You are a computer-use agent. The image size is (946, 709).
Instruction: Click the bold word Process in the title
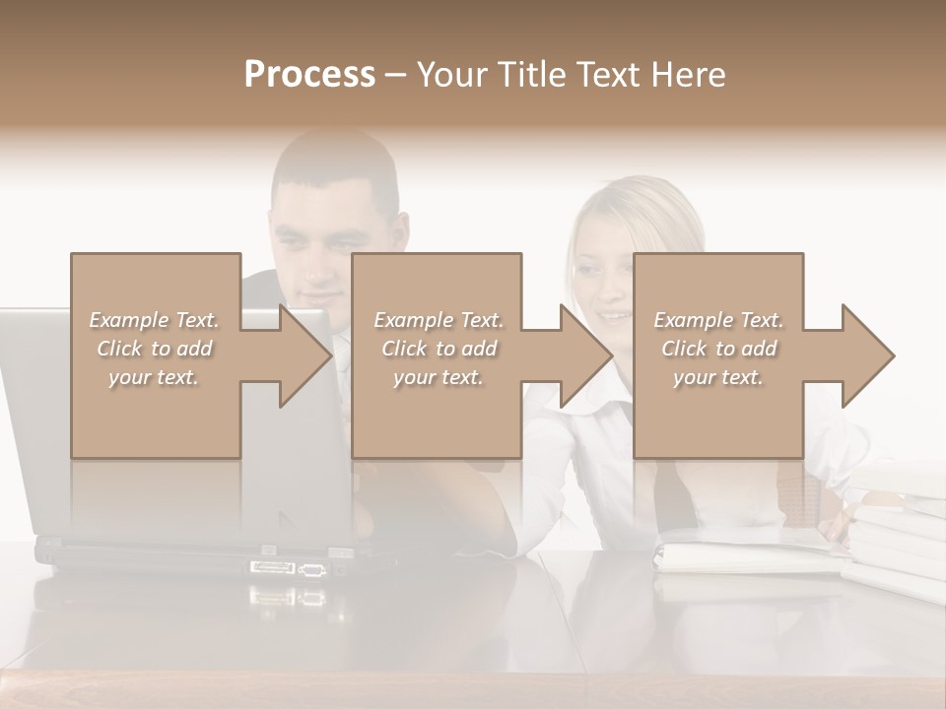tap(309, 75)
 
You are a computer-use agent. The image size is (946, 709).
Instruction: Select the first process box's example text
tap(155, 349)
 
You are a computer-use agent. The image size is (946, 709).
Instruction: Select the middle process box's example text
tap(439, 349)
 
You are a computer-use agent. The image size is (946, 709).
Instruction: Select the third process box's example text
tap(718, 349)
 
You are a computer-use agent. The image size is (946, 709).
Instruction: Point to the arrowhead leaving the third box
tap(867, 355)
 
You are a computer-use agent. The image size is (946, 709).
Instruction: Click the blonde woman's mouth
tap(613, 317)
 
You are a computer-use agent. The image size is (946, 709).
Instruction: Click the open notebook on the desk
tap(749, 551)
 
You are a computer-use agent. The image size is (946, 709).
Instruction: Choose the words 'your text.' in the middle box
tap(439, 377)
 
